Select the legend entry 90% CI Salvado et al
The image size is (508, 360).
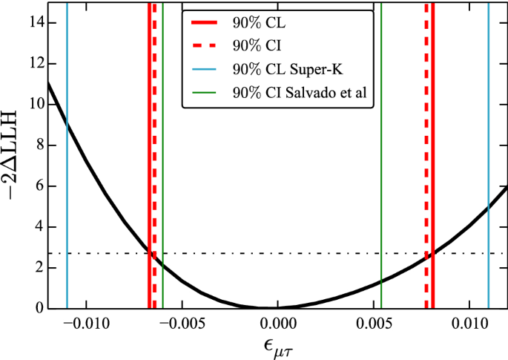pos(300,94)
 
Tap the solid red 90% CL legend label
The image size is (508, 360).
pos(254,23)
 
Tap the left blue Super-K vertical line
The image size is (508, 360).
pos(67,186)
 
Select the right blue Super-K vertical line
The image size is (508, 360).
pos(489,148)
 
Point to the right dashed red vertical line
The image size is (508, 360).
pos(426,148)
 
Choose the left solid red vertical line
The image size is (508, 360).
pos(149,148)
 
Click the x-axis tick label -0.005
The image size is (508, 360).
pos(182,324)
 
